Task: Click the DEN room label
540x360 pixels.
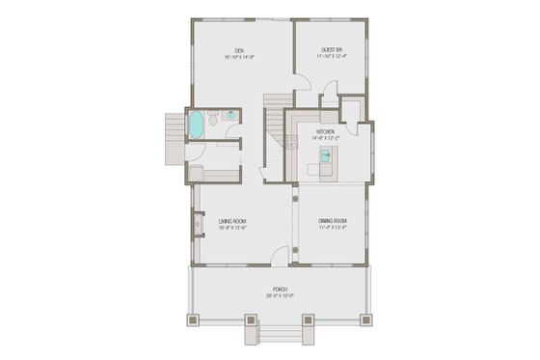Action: (x=237, y=50)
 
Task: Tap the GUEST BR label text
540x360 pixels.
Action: (x=333, y=50)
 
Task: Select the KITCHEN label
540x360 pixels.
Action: (x=324, y=131)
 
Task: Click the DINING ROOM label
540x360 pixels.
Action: (x=334, y=221)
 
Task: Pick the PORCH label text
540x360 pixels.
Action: (x=280, y=290)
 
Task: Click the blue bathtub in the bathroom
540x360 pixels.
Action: (x=197, y=125)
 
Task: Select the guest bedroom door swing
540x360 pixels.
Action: (x=328, y=95)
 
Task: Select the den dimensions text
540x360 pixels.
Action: (x=237, y=57)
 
